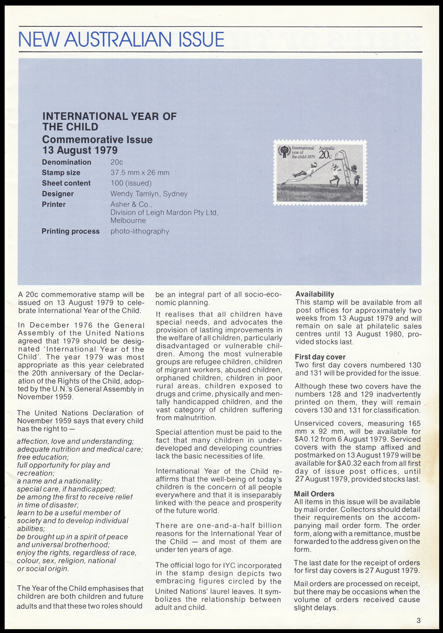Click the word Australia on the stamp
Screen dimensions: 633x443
click(x=326, y=148)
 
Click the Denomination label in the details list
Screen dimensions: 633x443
click(x=67, y=162)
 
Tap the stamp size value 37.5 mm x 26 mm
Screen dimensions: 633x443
click(x=140, y=173)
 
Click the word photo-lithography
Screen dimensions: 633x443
click(x=140, y=231)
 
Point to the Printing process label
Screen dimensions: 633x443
click(x=70, y=231)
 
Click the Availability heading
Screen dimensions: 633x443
click(x=315, y=294)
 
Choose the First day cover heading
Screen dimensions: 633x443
click(x=320, y=357)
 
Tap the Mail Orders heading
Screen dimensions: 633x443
click(x=314, y=494)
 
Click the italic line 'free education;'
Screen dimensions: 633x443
click(x=43, y=457)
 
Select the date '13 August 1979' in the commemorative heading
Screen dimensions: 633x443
click(x=80, y=150)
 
